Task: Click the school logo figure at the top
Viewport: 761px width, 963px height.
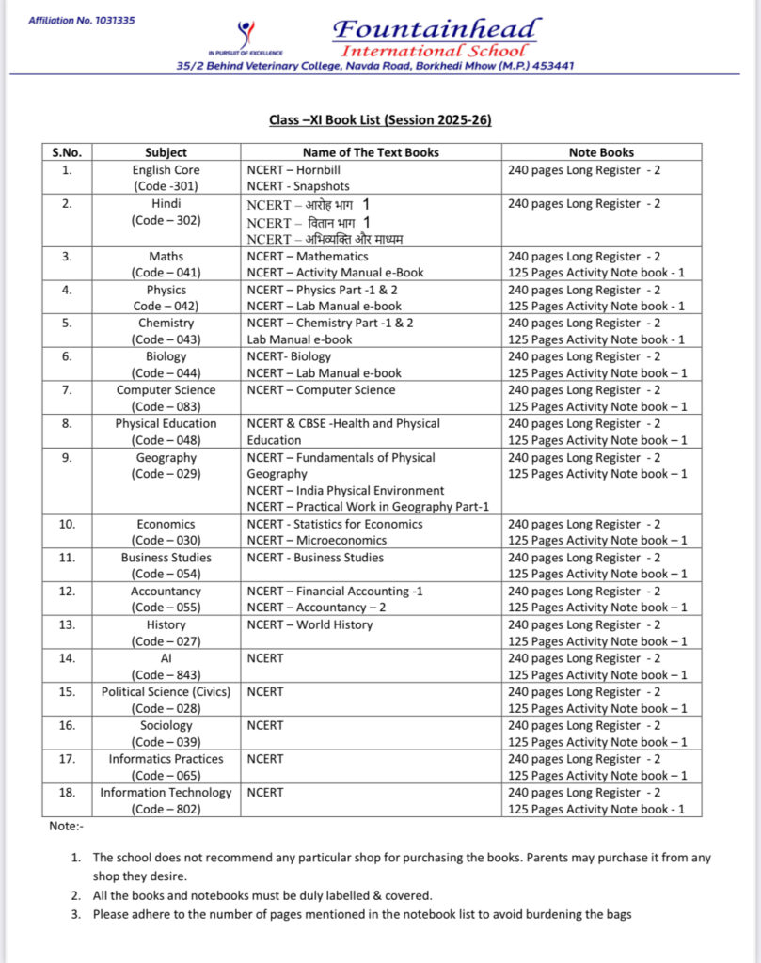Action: [x=246, y=34]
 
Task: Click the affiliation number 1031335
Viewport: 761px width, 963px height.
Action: [x=82, y=20]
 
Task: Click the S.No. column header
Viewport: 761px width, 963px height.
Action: [x=67, y=152]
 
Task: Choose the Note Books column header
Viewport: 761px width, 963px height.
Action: [x=601, y=152]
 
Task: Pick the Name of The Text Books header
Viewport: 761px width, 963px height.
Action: [x=371, y=152]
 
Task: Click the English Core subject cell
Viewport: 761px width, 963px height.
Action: [x=166, y=170]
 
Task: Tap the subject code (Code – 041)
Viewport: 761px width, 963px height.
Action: [x=166, y=273]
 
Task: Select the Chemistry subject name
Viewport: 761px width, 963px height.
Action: [x=166, y=323]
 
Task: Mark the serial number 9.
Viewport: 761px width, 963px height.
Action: [x=67, y=458]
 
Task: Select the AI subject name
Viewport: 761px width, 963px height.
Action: [x=166, y=658]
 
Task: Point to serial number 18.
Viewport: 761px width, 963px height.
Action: [x=67, y=793]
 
